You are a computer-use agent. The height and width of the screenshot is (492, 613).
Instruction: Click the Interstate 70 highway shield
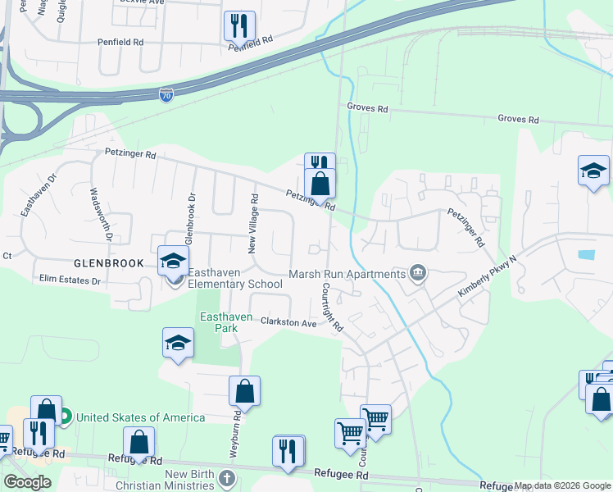tap(166, 95)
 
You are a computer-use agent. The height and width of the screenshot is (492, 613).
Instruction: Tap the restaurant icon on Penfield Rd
tap(239, 25)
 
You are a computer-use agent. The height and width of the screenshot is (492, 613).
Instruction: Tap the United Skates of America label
tap(141, 417)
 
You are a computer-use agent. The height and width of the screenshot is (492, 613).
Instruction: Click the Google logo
tap(27, 482)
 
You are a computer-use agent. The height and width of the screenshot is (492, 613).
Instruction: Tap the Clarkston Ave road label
tap(288, 323)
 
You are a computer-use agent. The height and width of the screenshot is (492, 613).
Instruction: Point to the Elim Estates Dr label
tap(70, 280)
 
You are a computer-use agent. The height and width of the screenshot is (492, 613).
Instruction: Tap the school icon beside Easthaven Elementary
tap(173, 262)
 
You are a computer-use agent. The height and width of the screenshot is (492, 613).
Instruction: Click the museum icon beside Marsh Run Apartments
tap(418, 272)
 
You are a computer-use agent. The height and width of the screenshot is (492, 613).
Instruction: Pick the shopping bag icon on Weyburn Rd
tap(245, 391)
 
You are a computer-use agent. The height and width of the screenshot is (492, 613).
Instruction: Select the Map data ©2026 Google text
tap(562, 485)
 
